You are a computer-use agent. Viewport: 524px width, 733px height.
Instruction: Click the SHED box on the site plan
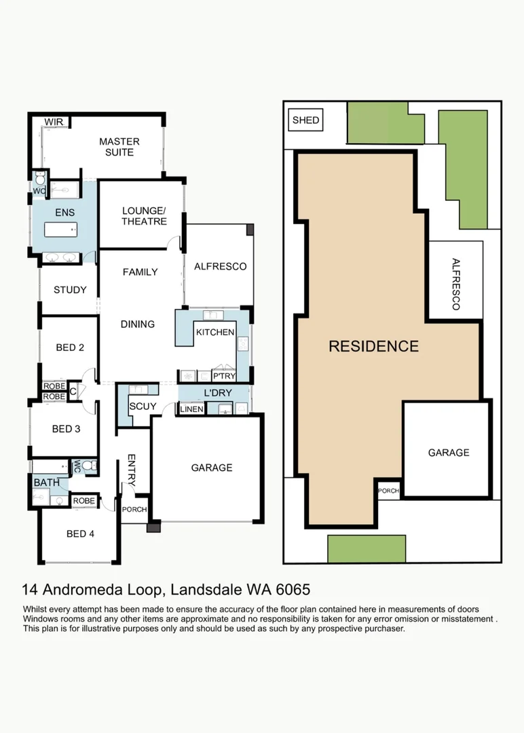click(x=305, y=120)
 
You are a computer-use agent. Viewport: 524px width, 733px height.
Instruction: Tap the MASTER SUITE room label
click(x=119, y=147)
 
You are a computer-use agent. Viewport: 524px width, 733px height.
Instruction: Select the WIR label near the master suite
click(x=54, y=122)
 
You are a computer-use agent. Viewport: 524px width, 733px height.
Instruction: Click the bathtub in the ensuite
click(x=61, y=229)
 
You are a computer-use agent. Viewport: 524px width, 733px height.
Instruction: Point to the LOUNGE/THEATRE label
click(x=144, y=216)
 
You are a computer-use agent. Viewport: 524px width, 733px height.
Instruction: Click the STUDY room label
click(x=70, y=290)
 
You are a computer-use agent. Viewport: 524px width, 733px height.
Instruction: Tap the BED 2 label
click(x=70, y=347)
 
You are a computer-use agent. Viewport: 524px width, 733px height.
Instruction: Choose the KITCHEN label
click(x=215, y=333)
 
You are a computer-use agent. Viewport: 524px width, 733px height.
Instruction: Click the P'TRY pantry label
click(x=224, y=376)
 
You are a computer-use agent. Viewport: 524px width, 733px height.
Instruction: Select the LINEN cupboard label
click(x=191, y=409)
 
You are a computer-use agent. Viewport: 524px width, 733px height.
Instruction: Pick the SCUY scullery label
click(x=143, y=407)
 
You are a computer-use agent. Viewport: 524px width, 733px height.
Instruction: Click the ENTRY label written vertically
click(x=132, y=470)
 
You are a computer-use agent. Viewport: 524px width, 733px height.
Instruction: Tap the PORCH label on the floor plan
click(x=134, y=510)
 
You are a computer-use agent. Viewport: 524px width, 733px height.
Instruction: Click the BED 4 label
click(x=80, y=534)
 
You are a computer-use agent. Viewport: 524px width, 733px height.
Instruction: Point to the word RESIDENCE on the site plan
click(x=373, y=346)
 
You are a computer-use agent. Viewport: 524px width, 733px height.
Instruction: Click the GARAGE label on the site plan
click(x=449, y=453)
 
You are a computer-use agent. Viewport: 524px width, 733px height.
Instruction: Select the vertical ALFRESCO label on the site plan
click(x=456, y=284)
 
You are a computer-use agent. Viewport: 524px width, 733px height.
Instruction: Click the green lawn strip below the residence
click(x=367, y=549)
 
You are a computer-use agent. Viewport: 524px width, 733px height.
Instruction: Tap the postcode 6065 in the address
click(x=293, y=590)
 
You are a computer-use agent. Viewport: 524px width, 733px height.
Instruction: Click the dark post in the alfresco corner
click(x=250, y=229)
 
